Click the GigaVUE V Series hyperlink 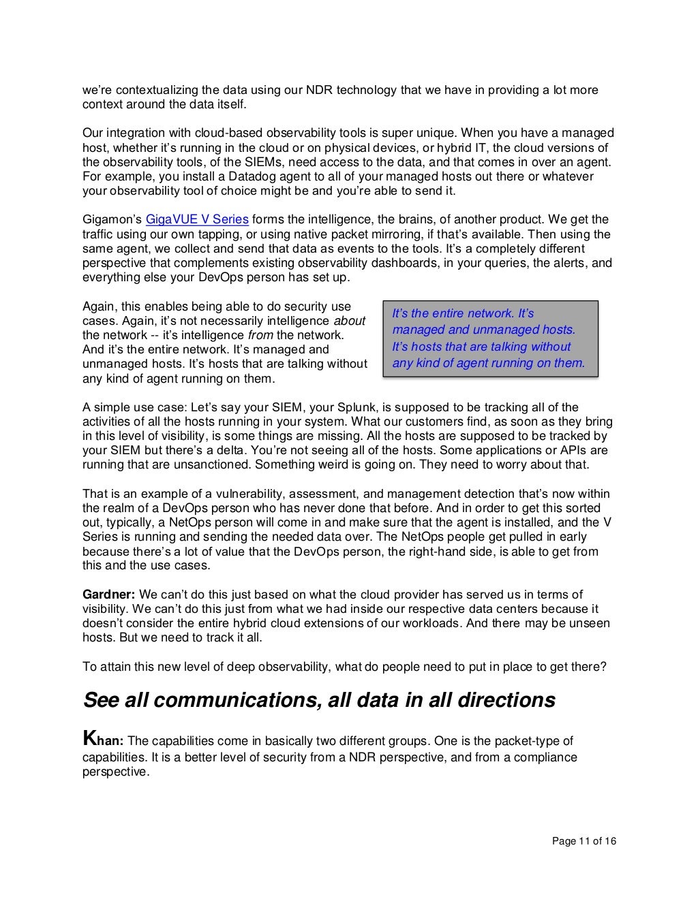point(198,219)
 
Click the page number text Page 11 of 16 point(583,842)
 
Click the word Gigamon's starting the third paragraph point(112,219)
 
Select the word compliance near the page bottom point(543,757)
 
